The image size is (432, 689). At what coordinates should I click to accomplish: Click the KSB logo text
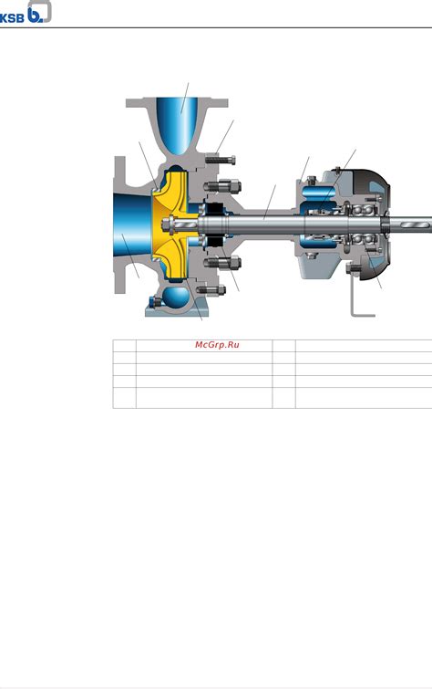tap(12, 17)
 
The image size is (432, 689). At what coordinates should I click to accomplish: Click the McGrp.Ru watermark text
tap(217, 345)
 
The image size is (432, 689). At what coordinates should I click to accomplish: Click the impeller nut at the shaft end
tap(167, 224)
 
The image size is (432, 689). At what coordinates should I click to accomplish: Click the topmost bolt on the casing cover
tap(221, 160)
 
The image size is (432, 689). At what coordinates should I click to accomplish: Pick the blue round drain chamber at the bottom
tap(176, 299)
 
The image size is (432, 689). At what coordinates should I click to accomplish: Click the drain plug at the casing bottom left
tap(156, 302)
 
